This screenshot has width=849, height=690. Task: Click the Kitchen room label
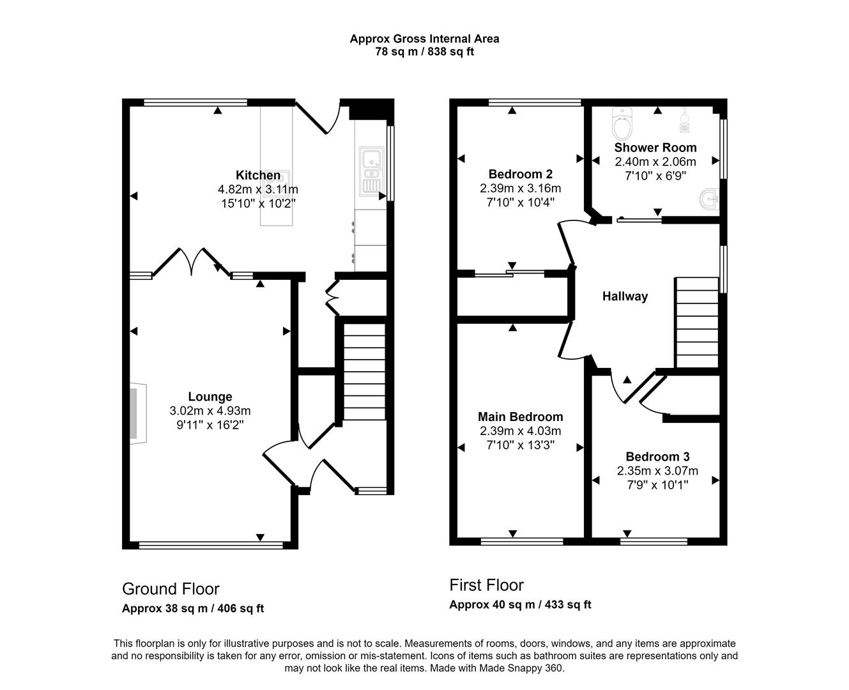[258, 175]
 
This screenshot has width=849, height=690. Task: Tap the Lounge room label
[210, 397]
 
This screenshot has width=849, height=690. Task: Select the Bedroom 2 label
[520, 174]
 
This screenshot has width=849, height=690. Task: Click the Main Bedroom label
[521, 417]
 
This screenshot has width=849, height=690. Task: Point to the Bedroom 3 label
[657, 456]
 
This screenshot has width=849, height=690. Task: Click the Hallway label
[625, 296]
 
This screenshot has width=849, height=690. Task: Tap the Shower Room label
[655, 148]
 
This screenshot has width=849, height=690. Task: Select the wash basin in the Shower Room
[709, 200]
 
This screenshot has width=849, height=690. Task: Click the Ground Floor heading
[171, 588]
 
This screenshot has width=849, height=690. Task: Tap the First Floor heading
[486, 585]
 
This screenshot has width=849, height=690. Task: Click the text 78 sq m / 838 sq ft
[424, 52]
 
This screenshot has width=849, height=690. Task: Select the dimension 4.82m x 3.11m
[258, 189]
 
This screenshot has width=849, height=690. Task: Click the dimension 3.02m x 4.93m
[210, 411]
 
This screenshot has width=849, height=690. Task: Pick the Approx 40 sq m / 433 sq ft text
[520, 604]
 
